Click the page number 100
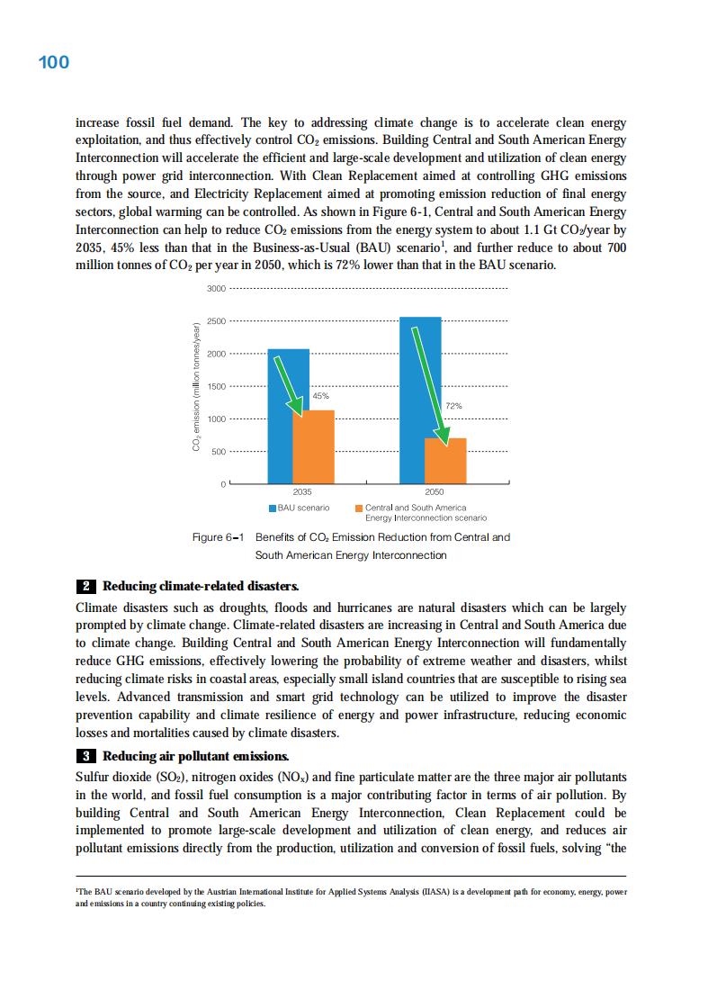pyautogui.click(x=54, y=63)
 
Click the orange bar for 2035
pyautogui.click(x=314, y=447)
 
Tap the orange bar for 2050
pyautogui.click(x=445, y=461)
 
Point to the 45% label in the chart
pyautogui.click(x=320, y=396)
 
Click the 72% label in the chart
pyautogui.click(x=454, y=407)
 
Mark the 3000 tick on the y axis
pyautogui.click(x=216, y=288)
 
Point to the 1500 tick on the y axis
pyautogui.click(x=216, y=386)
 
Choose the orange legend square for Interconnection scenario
pyautogui.click(x=359, y=508)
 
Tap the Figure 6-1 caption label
pyautogui.click(x=220, y=537)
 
